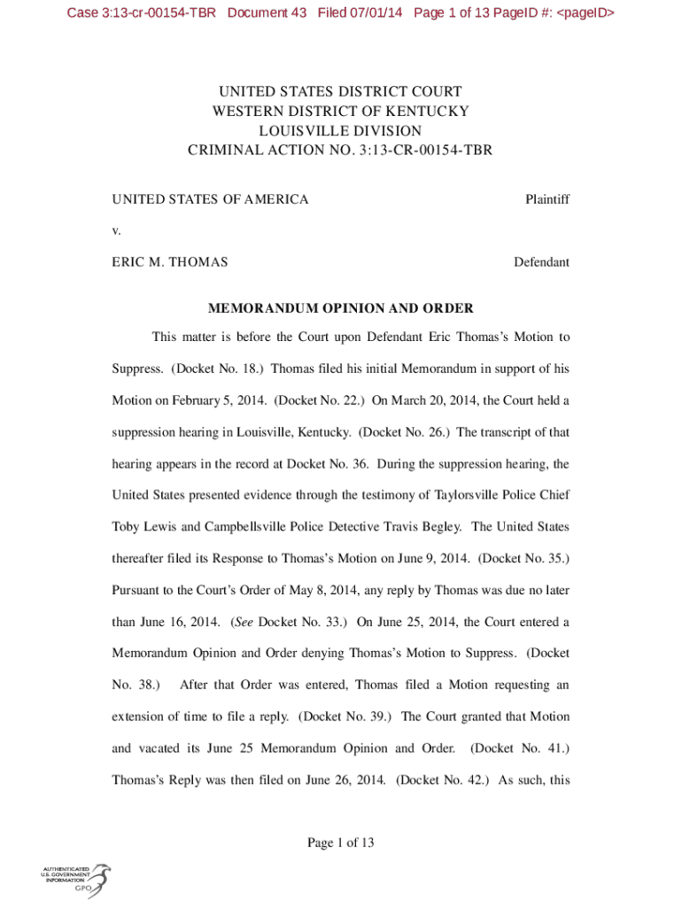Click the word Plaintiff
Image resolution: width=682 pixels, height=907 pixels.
coord(546,200)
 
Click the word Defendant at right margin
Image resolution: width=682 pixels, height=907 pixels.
coord(541,262)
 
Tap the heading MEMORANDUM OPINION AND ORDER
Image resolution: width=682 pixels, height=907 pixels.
coord(340,309)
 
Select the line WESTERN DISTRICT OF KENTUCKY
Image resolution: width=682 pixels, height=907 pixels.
coord(340,112)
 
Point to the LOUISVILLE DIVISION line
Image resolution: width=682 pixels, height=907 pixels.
coord(340,131)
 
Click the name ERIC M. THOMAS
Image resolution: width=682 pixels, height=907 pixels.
coord(169,262)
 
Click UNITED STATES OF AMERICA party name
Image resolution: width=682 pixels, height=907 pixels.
coord(210,200)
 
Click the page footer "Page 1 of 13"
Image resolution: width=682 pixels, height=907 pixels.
coord(340,843)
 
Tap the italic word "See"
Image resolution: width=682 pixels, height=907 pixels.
coord(244,622)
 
